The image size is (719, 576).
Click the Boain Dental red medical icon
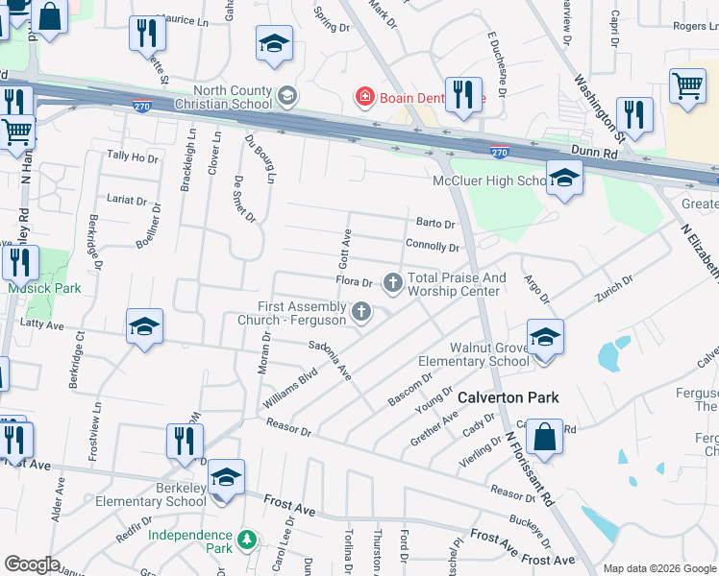[x=364, y=96]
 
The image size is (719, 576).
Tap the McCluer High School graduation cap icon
[x=564, y=177]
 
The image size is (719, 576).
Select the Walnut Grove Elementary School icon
[x=545, y=337]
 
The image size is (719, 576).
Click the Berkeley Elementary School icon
[x=226, y=476]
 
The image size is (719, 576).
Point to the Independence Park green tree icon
[x=247, y=540]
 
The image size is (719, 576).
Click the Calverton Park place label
[x=508, y=396]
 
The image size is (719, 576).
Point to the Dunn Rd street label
[x=595, y=152]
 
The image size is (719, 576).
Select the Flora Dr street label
[x=354, y=282]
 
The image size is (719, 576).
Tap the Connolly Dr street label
[x=432, y=246]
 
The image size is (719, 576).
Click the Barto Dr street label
[x=435, y=223]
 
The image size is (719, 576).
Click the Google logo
[x=33, y=564]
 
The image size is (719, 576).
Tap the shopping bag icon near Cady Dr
[x=545, y=437]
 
